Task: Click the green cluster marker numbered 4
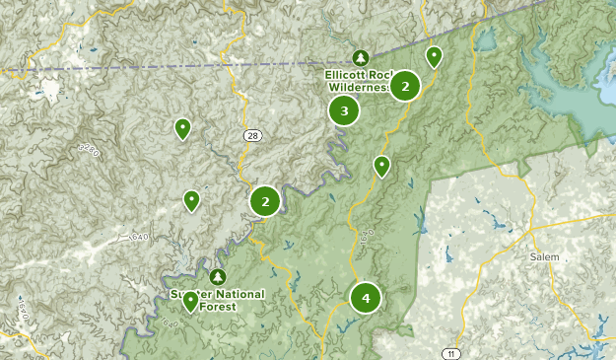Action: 366,296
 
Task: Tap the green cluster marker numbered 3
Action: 344,111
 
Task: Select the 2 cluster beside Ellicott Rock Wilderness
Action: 405,87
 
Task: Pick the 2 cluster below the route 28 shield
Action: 265,201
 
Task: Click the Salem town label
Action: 544,257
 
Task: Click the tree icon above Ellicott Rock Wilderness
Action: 360,56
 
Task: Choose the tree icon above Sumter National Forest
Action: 218,274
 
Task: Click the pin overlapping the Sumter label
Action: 190,300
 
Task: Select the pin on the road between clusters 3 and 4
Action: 381,165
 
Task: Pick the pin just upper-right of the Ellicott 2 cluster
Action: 434,55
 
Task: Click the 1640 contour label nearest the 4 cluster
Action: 369,236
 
